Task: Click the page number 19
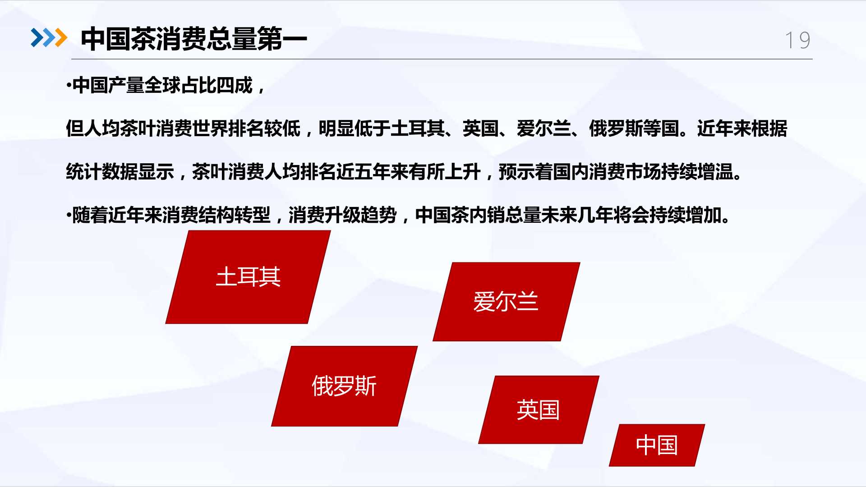pyautogui.click(x=797, y=40)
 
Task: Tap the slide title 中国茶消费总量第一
pyautogui.click(x=194, y=39)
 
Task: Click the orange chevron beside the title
pyautogui.click(x=60, y=37)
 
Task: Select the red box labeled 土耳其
pyautogui.click(x=248, y=277)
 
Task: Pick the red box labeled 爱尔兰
pyautogui.click(x=507, y=302)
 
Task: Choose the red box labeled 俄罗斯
pyautogui.click(x=345, y=386)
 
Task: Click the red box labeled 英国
pyautogui.click(x=539, y=410)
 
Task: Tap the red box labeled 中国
pyautogui.click(x=657, y=445)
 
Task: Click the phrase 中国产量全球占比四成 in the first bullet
pyautogui.click(x=162, y=85)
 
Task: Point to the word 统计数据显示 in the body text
pyautogui.click(x=120, y=172)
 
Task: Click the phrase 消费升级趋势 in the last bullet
pyautogui.click(x=342, y=215)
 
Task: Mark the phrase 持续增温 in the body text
pyautogui.click(x=697, y=172)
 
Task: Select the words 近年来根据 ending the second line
pyautogui.click(x=742, y=129)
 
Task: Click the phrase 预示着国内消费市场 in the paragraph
pyautogui.click(x=580, y=172)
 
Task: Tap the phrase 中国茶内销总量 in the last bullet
pyautogui.click(x=478, y=215)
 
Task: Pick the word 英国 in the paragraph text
pyautogui.click(x=481, y=129)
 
